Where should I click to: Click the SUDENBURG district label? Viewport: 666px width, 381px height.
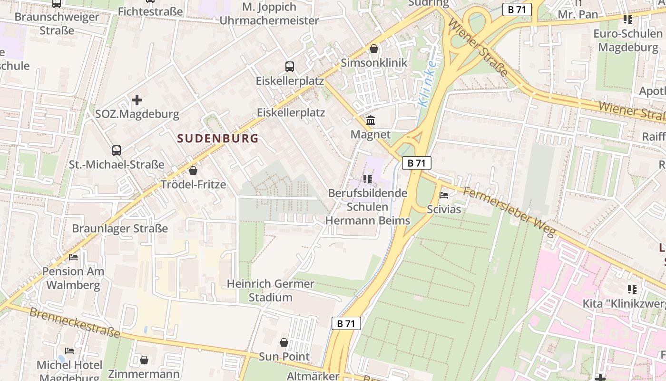point(218,139)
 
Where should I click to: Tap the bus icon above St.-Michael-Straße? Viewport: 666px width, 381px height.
point(117,150)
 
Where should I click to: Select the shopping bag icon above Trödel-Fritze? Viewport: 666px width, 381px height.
point(193,170)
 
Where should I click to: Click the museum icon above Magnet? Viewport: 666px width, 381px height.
point(371,120)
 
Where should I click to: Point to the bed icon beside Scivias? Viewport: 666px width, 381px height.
point(444,195)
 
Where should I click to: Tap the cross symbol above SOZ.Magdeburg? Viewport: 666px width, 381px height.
point(137,100)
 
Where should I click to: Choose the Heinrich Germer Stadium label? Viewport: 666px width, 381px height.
point(270,291)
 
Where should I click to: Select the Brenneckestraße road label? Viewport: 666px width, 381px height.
point(75,323)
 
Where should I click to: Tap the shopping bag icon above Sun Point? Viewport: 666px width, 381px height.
point(284,342)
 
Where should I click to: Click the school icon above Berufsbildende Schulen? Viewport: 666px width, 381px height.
point(367,179)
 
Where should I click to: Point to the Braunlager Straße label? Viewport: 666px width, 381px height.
point(120,228)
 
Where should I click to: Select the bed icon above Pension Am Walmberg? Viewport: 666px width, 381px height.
point(73,257)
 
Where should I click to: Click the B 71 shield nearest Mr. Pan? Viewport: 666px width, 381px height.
point(517,10)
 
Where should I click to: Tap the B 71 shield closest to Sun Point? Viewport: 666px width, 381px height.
point(346,323)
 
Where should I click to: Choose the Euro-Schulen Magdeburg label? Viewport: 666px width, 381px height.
point(628,40)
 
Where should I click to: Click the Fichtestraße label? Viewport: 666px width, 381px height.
point(150,11)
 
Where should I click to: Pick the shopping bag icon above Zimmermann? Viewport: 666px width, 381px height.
point(144,360)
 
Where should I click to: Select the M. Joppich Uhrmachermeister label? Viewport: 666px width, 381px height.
point(269,14)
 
